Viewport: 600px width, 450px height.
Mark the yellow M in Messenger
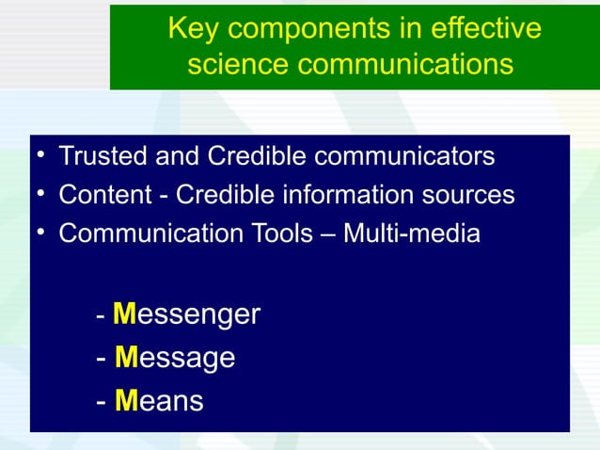click(x=126, y=313)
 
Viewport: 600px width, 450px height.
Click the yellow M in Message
click(x=127, y=358)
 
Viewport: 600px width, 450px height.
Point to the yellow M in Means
click(x=127, y=401)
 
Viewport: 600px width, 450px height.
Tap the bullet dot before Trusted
click(x=41, y=156)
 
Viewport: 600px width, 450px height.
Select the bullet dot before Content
click(x=41, y=195)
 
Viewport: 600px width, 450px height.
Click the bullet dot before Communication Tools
click(x=41, y=233)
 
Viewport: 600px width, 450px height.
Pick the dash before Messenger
click(x=101, y=315)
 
